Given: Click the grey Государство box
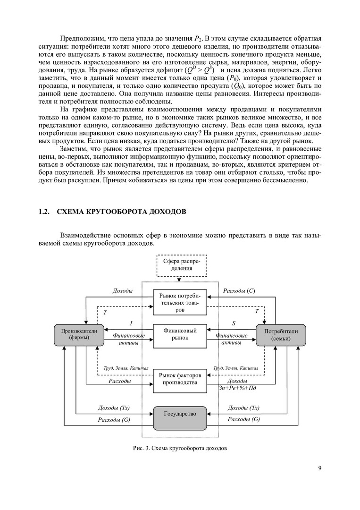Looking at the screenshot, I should (180, 417).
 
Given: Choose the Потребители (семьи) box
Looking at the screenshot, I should (281, 335).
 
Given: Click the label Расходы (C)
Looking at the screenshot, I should (239, 291).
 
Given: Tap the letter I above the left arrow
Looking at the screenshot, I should (131, 323).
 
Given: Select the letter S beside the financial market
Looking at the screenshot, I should (234, 323).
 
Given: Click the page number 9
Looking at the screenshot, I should (320, 468).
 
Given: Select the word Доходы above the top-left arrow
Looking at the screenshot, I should (122, 291).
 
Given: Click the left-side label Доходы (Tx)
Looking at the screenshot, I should (114, 408).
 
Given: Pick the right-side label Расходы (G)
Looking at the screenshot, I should (243, 419).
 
